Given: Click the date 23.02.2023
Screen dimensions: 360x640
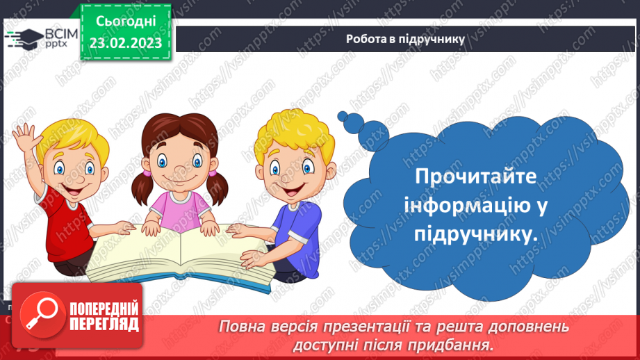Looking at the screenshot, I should click(x=125, y=43).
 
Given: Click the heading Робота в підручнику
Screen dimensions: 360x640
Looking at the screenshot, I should click(x=405, y=39).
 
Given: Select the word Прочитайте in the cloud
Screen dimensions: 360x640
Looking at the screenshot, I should click(x=475, y=177).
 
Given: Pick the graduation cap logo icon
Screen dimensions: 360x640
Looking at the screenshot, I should click(x=22, y=38).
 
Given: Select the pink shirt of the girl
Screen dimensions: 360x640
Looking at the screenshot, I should click(x=181, y=208).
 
